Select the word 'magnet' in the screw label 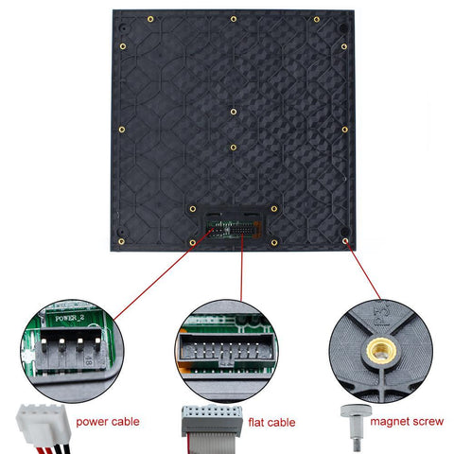389,422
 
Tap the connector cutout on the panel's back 234,229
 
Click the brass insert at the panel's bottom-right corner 346,241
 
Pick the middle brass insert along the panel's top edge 234,19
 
